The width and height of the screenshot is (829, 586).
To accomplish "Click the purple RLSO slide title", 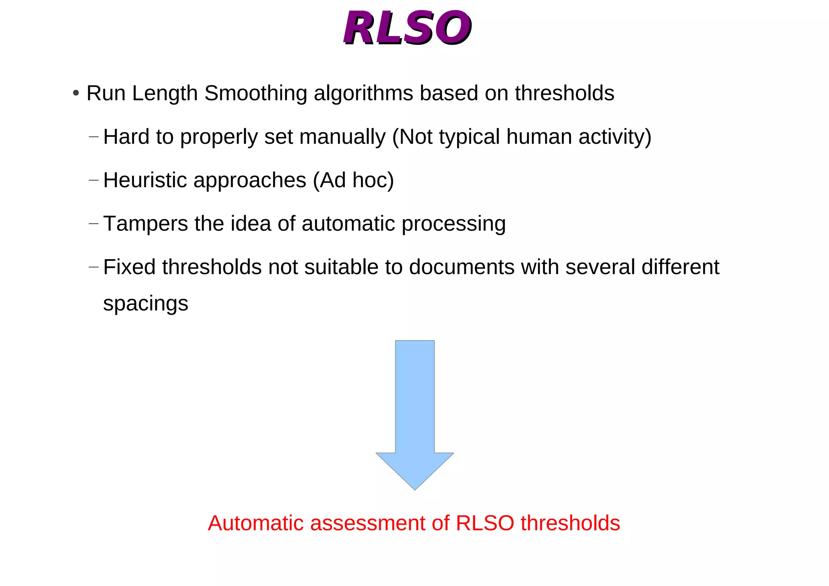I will [407, 28].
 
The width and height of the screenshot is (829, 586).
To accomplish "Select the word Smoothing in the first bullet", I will [256, 93].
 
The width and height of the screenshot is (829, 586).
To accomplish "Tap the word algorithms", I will [363, 93].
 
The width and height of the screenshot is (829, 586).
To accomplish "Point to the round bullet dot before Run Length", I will [76, 93].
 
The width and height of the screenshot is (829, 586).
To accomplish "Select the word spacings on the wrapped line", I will [146, 304].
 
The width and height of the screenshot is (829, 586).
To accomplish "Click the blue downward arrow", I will [415, 413].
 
